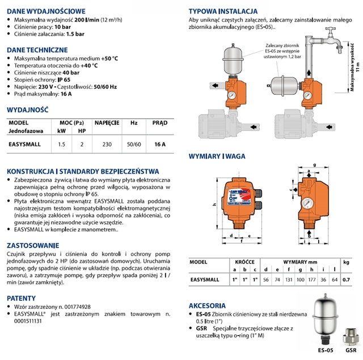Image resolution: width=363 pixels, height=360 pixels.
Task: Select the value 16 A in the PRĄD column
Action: tap(160, 144)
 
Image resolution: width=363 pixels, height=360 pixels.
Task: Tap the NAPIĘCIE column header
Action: tap(106, 122)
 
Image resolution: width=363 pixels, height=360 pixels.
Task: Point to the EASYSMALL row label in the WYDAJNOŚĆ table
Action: tap(24, 144)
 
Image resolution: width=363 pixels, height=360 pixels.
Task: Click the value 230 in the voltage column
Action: tap(106, 144)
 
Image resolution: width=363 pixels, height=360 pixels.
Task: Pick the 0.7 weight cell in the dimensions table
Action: tap(348, 280)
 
